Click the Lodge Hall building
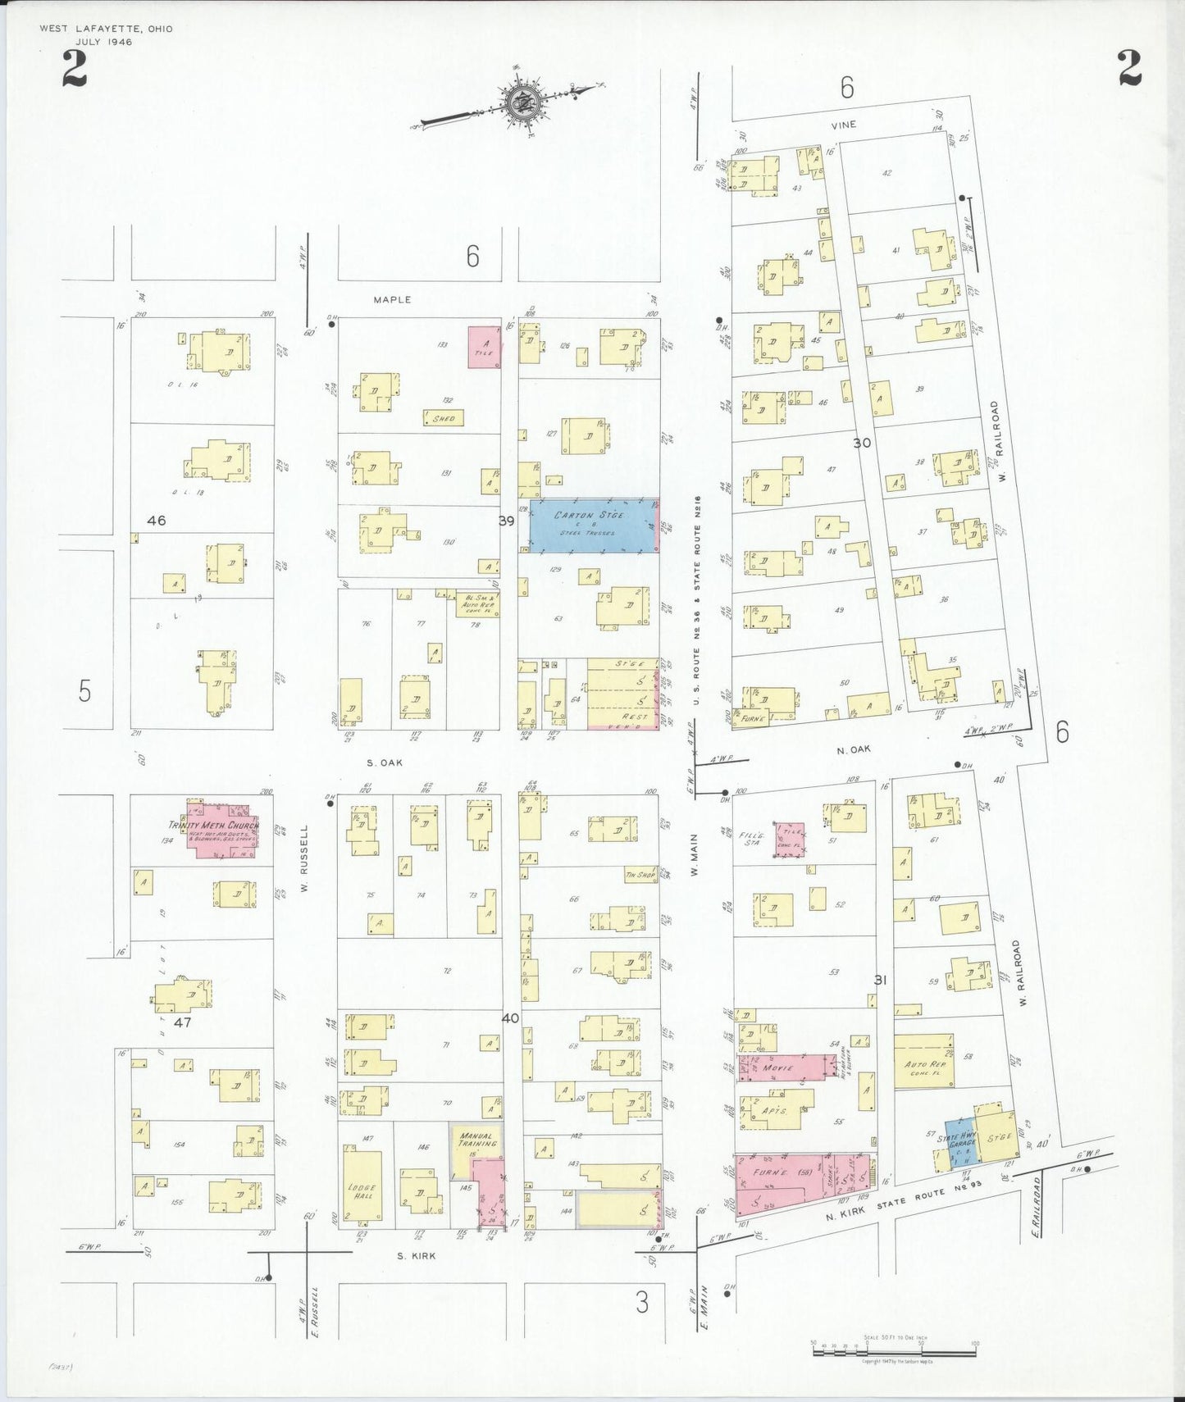coord(362,1190)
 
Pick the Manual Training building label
coord(476,1140)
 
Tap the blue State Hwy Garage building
coord(959,1141)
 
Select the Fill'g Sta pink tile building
coord(790,840)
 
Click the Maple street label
coord(392,300)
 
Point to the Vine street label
coord(843,125)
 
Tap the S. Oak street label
coord(385,762)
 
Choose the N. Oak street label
coord(854,749)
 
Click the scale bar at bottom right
coord(894,1350)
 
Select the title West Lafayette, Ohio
coord(107,30)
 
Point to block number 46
coord(156,521)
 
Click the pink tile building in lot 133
coord(484,347)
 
